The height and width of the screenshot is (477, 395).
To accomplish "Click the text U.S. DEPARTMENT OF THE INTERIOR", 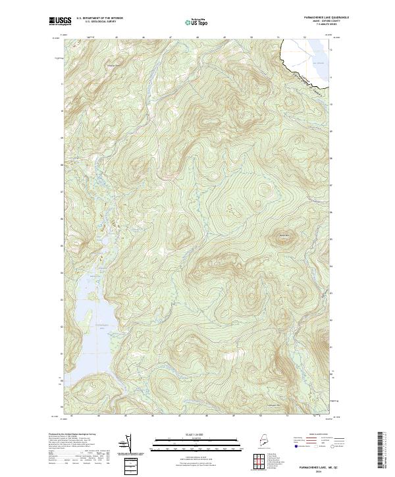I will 100,18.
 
